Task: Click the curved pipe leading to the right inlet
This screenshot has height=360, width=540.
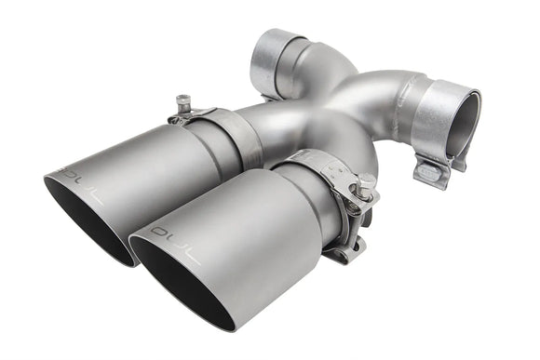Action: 372,93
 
